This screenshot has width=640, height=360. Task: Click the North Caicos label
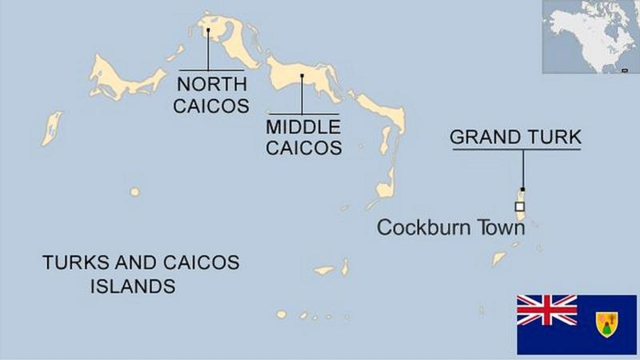click(x=212, y=94)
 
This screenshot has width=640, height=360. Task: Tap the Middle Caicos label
click(x=304, y=137)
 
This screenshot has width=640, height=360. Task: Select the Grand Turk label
click(x=515, y=137)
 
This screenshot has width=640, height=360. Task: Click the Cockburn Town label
click(x=451, y=228)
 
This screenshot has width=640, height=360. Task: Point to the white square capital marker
click(x=520, y=206)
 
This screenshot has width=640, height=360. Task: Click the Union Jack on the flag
click(x=546, y=310)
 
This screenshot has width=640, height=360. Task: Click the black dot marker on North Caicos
click(x=208, y=30)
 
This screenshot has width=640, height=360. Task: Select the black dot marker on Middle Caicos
click(x=302, y=77)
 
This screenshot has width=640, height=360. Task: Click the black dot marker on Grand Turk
click(x=522, y=190)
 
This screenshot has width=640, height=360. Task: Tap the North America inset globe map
click(x=590, y=37)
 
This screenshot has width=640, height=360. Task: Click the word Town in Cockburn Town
click(x=499, y=228)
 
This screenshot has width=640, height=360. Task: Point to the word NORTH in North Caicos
click(x=212, y=84)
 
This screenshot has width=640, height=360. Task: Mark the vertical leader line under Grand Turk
click(x=522, y=168)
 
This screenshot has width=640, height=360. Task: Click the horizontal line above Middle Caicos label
click(x=304, y=113)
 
